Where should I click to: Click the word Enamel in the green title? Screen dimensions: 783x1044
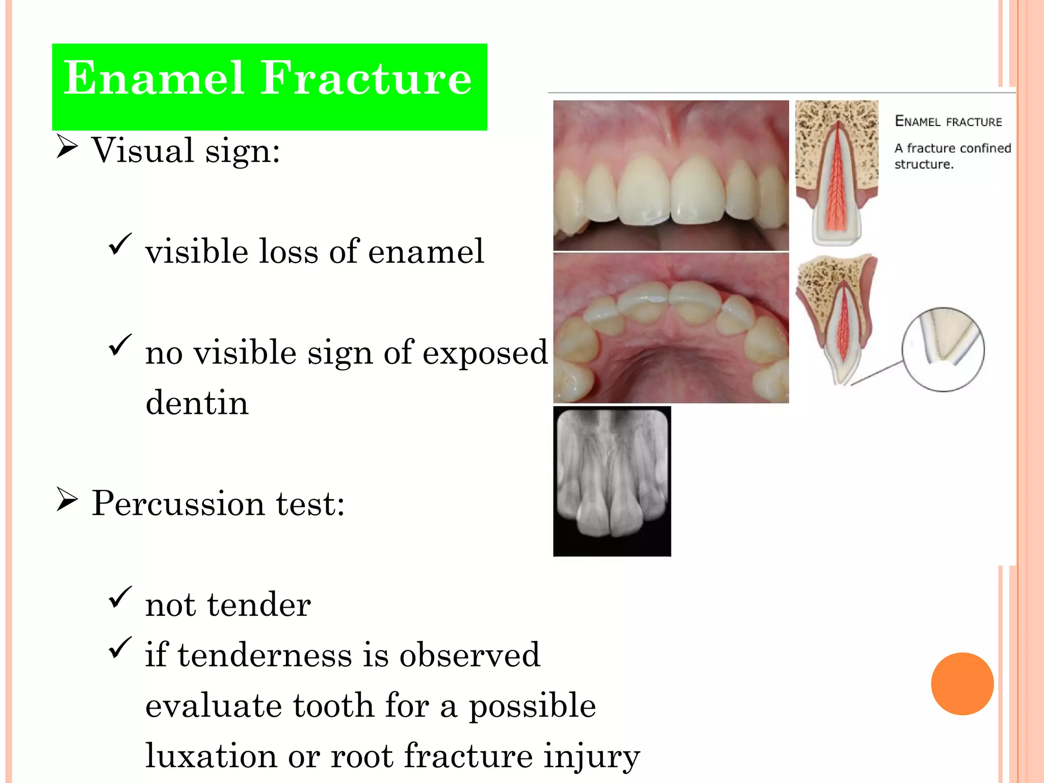pos(153,79)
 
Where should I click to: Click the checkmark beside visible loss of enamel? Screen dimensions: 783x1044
pos(120,244)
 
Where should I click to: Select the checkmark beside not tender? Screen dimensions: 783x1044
pos(120,597)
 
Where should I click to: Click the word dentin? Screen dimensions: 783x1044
pos(197,403)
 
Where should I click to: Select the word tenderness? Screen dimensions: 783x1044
pos(265,655)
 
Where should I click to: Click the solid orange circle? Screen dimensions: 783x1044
pos(962,684)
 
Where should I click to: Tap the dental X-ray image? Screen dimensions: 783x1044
pos(612,481)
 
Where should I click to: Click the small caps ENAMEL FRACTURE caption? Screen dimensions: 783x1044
pos(948,121)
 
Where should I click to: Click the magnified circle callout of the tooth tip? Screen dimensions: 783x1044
pos(943,349)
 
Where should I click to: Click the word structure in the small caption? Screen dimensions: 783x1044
pos(923,164)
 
